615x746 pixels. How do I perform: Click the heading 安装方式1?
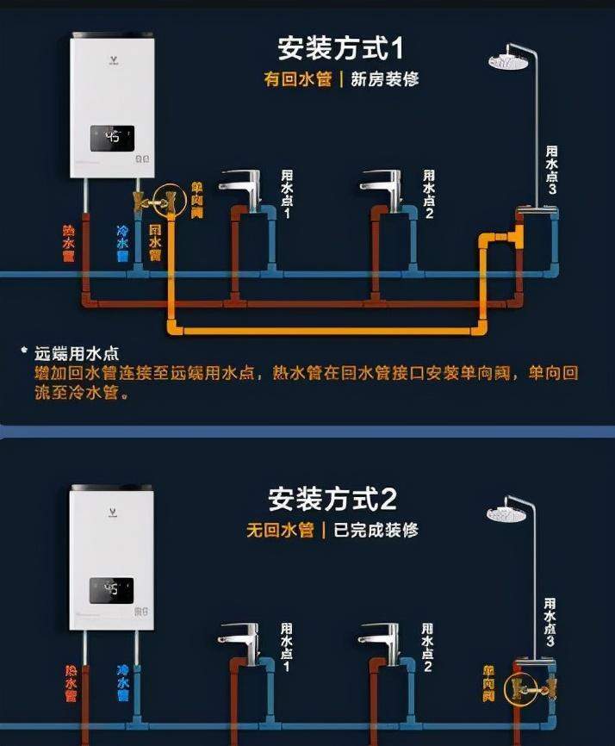[341, 47]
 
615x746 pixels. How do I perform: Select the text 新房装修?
[385, 80]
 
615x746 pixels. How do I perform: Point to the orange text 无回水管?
[279, 530]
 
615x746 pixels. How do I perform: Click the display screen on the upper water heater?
[112, 137]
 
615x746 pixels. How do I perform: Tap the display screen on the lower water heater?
[112, 589]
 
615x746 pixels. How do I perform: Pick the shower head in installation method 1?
[509, 61]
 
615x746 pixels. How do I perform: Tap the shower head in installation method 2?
[506, 514]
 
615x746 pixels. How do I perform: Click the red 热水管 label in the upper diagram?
[69, 244]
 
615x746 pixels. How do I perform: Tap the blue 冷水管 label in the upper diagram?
[122, 244]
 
